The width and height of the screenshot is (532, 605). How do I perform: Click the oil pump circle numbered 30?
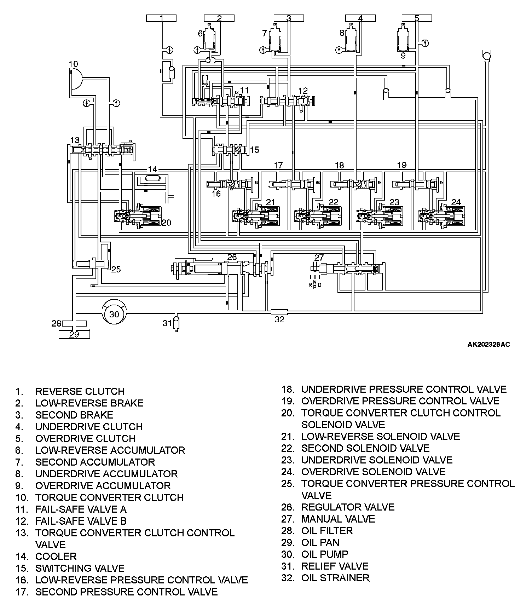(114, 314)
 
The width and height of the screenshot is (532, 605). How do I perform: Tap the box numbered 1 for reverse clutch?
(161, 18)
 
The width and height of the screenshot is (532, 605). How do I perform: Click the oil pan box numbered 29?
(74, 334)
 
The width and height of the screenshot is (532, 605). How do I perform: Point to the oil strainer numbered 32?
(279, 312)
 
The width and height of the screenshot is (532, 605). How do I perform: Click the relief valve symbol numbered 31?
(176, 323)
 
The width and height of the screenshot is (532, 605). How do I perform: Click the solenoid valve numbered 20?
(138, 217)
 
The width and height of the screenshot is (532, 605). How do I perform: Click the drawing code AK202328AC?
(488, 344)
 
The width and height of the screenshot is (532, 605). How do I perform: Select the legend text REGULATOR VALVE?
(348, 507)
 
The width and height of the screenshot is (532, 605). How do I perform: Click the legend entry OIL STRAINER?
(335, 578)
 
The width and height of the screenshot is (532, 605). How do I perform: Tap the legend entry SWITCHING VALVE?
(80, 568)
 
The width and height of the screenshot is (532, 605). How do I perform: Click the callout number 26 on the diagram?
(232, 257)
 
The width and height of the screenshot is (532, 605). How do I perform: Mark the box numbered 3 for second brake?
(289, 18)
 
